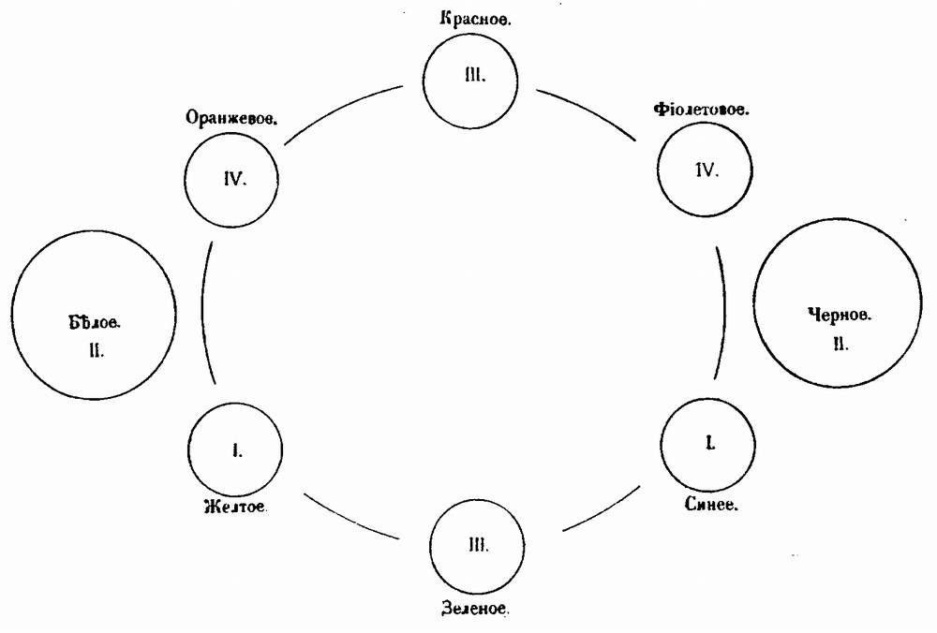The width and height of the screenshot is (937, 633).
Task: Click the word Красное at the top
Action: (x=475, y=20)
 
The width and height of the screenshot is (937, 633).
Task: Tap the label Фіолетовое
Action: (x=701, y=110)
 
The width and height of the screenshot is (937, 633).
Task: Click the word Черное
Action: (x=839, y=316)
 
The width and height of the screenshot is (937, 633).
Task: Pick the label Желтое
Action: (x=235, y=508)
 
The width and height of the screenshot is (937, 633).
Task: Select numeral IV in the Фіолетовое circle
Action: (x=706, y=170)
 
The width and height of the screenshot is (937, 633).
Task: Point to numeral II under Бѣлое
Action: (x=96, y=351)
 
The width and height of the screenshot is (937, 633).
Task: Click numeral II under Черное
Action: (x=840, y=344)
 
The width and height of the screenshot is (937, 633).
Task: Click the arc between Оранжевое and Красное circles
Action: (x=343, y=111)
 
